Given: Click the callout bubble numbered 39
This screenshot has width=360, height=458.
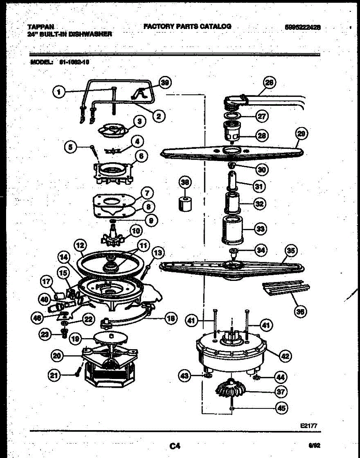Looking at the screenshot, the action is point(165,82).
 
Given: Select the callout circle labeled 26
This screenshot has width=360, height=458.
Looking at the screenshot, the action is point(270,82).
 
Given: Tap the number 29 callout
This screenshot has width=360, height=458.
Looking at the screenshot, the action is point(302,133).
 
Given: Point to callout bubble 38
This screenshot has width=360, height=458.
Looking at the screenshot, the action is point(185,183).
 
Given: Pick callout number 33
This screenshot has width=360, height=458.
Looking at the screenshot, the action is point(261,229).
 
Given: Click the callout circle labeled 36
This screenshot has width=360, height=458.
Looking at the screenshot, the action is point(301,311).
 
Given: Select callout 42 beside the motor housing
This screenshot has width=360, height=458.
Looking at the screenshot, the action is point(284,356).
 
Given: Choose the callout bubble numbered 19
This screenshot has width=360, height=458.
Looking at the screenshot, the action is point(76,339).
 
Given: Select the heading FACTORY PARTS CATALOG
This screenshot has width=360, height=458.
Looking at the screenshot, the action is point(187,26).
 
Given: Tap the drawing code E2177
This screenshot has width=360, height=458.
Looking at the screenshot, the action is point(309,425).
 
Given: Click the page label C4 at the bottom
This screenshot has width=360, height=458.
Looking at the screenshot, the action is point(175,445).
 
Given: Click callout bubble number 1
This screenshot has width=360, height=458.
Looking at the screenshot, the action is point(58,92).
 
